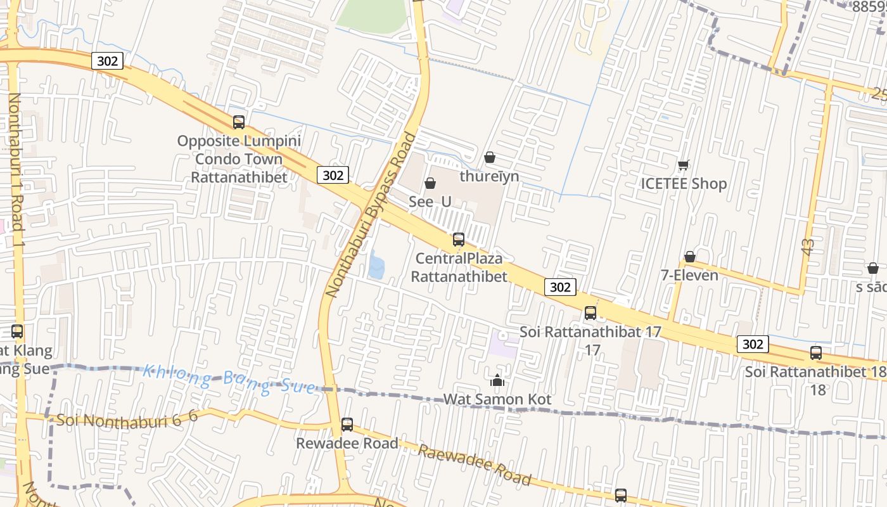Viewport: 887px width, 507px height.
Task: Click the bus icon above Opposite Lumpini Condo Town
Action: coord(239,122)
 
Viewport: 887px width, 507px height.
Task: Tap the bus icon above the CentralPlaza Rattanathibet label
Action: coord(459,240)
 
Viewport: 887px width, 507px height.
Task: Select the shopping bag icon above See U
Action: coord(430,183)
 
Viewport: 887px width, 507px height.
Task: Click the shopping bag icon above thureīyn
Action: coord(489,157)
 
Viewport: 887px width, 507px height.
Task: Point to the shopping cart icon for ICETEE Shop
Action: coord(684,165)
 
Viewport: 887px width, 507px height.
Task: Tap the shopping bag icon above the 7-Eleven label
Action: coord(690,257)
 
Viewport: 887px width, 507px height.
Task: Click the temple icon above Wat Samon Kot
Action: coord(497,380)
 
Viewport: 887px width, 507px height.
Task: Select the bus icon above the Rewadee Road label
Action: coord(347,425)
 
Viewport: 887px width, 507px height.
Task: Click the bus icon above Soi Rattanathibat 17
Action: coord(590,312)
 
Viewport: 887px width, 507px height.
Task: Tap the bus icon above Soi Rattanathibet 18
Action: coord(816,353)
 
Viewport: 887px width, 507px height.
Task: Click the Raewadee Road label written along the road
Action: coord(474,465)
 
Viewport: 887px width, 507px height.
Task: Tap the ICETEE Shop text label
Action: coord(684,184)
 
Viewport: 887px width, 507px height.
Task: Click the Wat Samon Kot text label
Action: coord(497,399)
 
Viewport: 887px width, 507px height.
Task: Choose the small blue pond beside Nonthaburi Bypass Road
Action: coord(376,265)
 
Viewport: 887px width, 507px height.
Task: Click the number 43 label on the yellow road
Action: coord(807,247)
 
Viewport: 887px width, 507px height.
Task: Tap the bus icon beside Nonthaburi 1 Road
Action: coord(17,331)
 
